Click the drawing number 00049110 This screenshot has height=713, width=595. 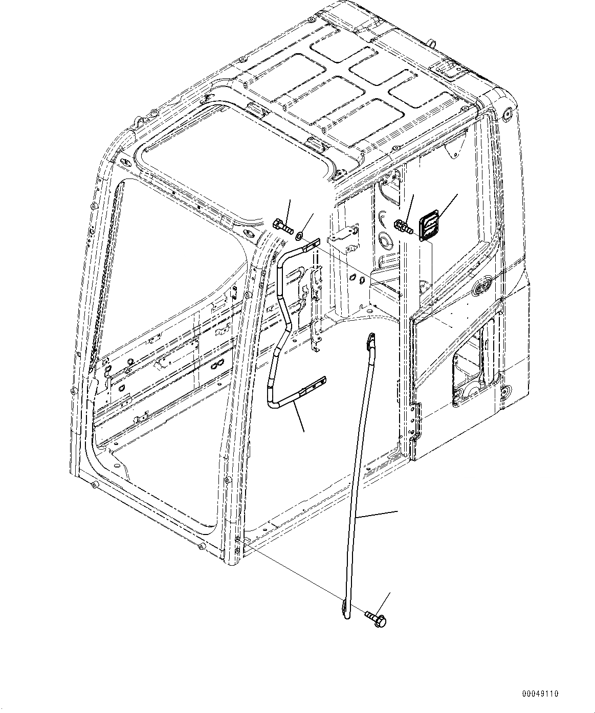(540, 694)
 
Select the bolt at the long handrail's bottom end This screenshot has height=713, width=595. (376, 618)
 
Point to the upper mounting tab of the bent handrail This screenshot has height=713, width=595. (310, 246)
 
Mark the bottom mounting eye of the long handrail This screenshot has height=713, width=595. (346, 609)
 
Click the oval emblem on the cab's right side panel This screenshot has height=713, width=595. (482, 286)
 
